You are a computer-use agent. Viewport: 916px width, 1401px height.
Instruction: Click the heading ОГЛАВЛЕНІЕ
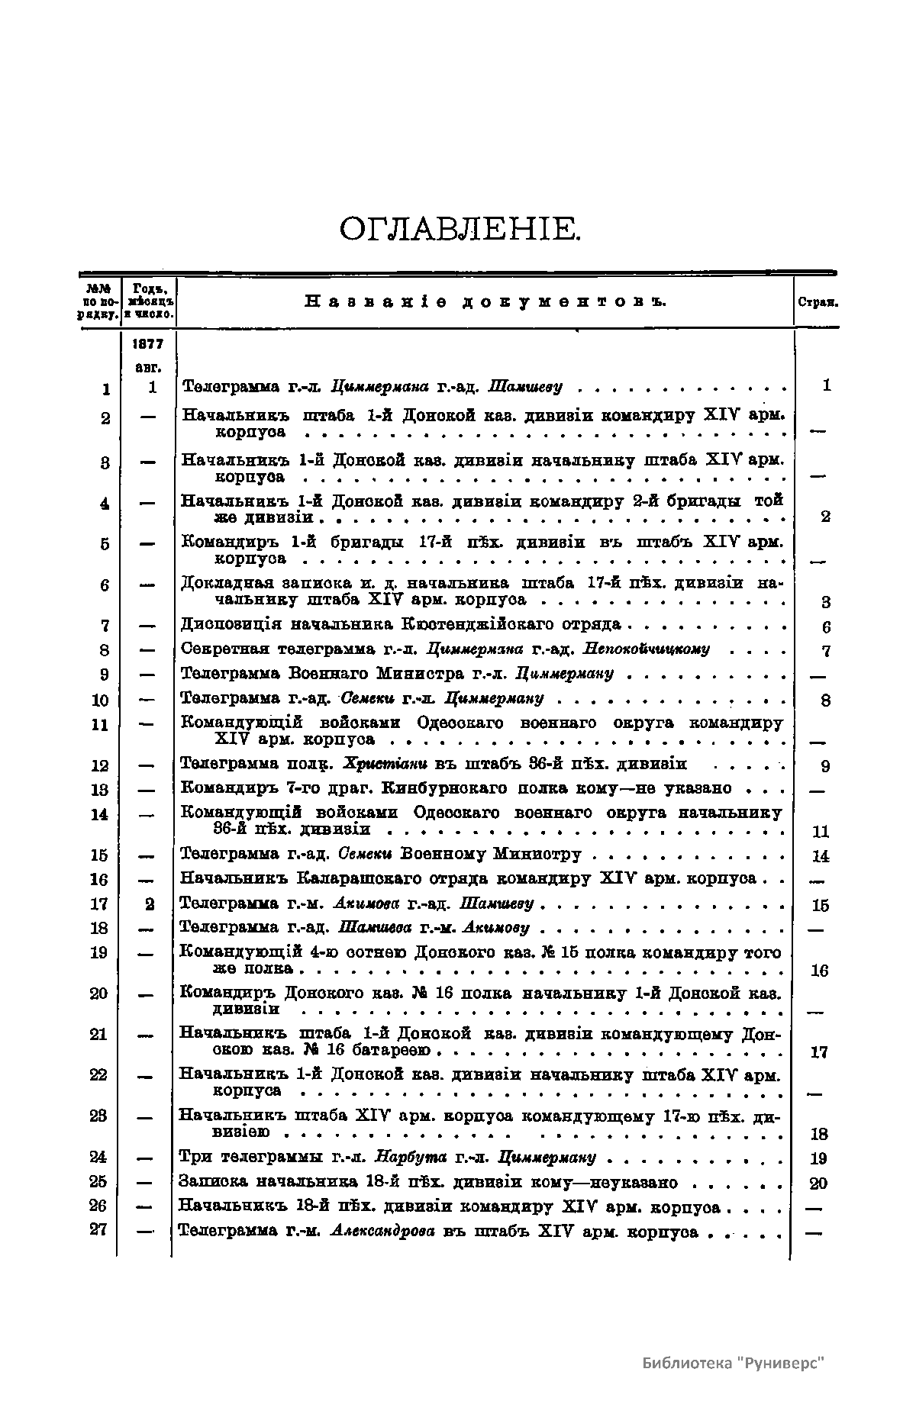[x=460, y=229]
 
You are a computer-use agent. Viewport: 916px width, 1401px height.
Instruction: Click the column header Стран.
[x=818, y=301]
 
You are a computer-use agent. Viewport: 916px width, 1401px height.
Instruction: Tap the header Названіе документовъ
[x=485, y=301]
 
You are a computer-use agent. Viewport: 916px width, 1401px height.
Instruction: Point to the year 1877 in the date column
[x=149, y=344]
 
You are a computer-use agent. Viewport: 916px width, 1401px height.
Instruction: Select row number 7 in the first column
[x=105, y=626]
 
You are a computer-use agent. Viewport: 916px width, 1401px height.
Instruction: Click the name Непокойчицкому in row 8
[x=646, y=649]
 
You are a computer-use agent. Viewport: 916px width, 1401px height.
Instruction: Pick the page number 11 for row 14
[x=821, y=832]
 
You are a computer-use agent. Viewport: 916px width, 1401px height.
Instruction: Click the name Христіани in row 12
[x=385, y=764]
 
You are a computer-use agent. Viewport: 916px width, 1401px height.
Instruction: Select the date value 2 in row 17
[x=150, y=904]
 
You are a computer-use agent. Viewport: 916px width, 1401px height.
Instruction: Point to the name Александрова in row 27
[x=382, y=1231]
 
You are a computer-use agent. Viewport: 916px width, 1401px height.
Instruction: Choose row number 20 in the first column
[x=98, y=994]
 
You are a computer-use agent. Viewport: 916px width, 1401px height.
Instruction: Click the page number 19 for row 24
[x=818, y=1159]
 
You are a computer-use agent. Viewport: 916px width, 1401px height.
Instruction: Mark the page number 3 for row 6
[x=825, y=602]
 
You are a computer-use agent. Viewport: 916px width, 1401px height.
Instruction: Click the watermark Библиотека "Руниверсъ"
[x=734, y=1364]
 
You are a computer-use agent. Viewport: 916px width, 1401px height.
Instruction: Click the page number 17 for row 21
[x=819, y=1052]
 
